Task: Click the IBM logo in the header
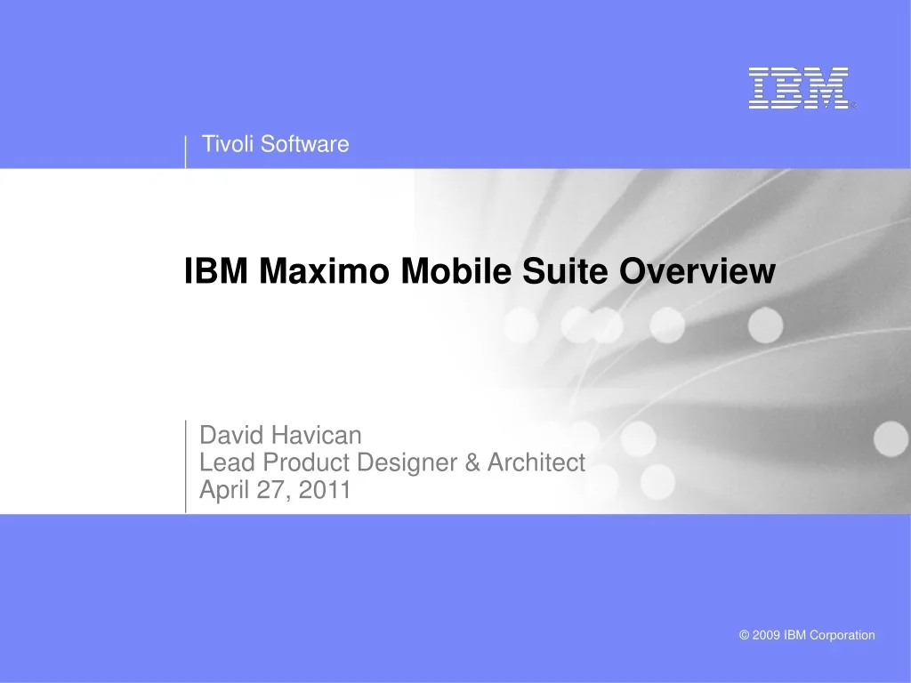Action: [x=798, y=88]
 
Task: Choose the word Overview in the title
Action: [x=697, y=271]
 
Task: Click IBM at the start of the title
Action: [x=215, y=271]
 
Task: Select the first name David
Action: [x=232, y=435]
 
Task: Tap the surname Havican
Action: [x=317, y=435]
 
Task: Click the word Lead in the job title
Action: [x=223, y=462]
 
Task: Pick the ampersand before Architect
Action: [x=472, y=462]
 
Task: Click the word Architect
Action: [x=536, y=462]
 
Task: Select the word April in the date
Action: [x=224, y=490]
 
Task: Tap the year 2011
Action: [x=325, y=490]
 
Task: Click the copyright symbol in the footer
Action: [x=745, y=635]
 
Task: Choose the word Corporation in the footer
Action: [x=842, y=635]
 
